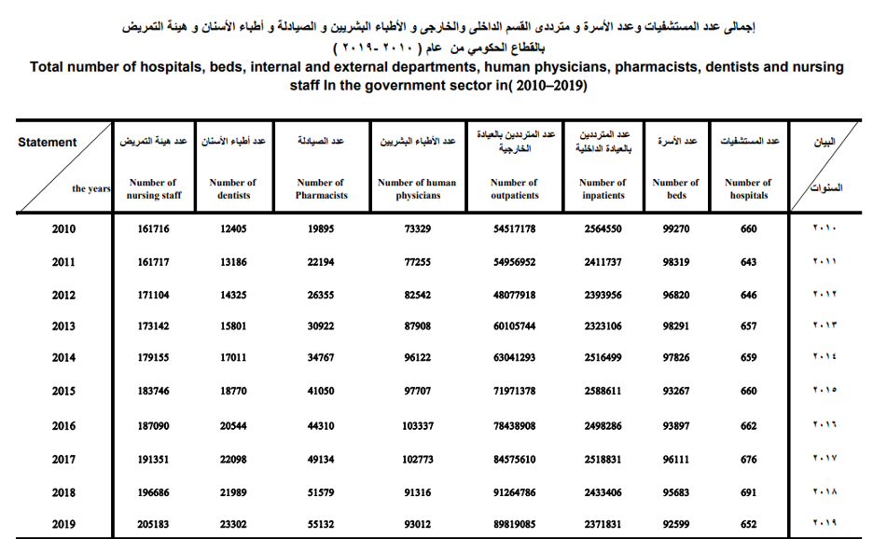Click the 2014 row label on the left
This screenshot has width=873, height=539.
tap(63, 358)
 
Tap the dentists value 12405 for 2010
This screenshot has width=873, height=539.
tap(232, 229)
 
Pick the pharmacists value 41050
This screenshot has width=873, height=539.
tap(320, 391)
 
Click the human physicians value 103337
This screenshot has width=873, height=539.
tap(417, 425)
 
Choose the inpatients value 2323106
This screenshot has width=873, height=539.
tap(603, 327)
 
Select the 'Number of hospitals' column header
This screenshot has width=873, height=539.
tap(748, 189)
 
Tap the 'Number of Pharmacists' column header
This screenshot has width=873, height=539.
tap(320, 189)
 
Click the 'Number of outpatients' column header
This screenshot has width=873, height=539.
tap(514, 189)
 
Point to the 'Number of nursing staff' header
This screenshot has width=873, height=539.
tap(153, 189)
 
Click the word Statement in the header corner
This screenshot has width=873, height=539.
tap(48, 143)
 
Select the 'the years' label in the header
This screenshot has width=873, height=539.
tap(91, 189)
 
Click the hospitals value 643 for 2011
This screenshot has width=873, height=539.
tap(748, 263)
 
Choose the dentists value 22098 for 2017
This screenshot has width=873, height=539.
tap(232, 458)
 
